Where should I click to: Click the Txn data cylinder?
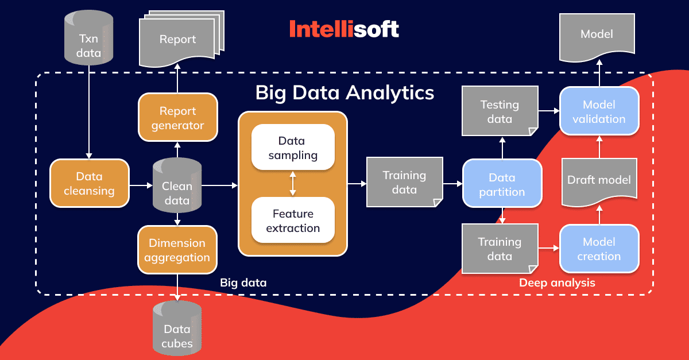pyautogui.click(x=88, y=37)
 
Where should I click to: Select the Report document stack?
pyautogui.click(x=181, y=38)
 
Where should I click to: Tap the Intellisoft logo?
pyautogui.click(x=344, y=29)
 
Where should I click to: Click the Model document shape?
pyautogui.click(x=597, y=37)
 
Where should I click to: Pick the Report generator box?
pyautogui.click(x=178, y=117)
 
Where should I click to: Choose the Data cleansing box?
pyautogui.click(x=89, y=183)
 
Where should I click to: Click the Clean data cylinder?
pyautogui.click(x=177, y=185)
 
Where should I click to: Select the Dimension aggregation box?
pyautogui.click(x=177, y=250)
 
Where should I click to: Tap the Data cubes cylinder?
pyautogui.click(x=177, y=328)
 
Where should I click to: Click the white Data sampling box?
pyautogui.click(x=293, y=147)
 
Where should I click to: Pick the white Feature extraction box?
pyautogui.click(x=293, y=220)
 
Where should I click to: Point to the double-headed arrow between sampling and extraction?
pyautogui.click(x=293, y=184)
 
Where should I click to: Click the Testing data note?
pyautogui.click(x=500, y=111)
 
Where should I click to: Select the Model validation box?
pyautogui.click(x=599, y=111)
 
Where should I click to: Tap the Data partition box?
pyautogui.click(x=502, y=183)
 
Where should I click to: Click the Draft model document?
pyautogui.click(x=599, y=182)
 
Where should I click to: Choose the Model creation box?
pyautogui.click(x=599, y=249)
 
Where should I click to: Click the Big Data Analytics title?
pyautogui.click(x=344, y=93)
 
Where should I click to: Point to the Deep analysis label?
pyautogui.click(x=557, y=282)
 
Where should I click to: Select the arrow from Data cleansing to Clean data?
pyautogui.click(x=141, y=185)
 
